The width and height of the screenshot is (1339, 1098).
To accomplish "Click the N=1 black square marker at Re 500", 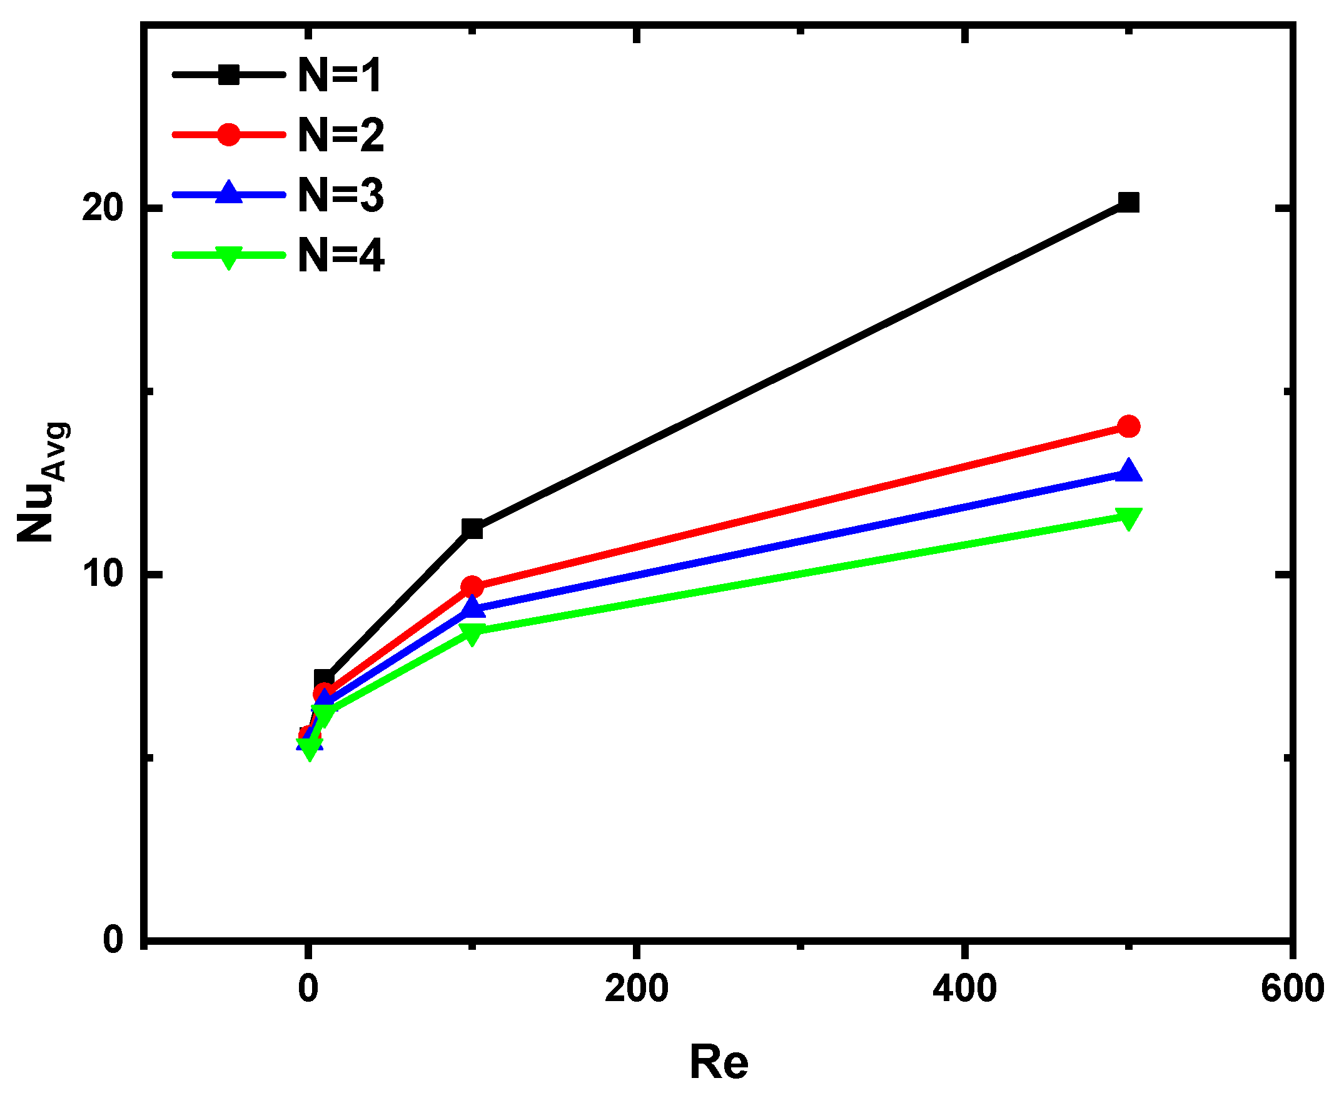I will point(1128,203).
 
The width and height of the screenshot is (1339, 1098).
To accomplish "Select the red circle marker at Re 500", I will point(1128,426).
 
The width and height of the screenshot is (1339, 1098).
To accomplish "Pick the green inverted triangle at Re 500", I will point(1128,518).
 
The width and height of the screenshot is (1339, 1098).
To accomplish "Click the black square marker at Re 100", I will point(472,529).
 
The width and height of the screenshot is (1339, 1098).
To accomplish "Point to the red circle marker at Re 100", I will point(472,587).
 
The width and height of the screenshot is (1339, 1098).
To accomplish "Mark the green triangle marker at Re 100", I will point(472,633).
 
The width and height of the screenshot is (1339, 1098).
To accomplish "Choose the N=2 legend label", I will point(341,135).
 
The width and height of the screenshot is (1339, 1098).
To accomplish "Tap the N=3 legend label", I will point(341,196).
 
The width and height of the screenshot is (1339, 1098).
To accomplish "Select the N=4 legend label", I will point(341,256).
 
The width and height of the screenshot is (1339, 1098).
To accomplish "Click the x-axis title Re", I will point(719,1062).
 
